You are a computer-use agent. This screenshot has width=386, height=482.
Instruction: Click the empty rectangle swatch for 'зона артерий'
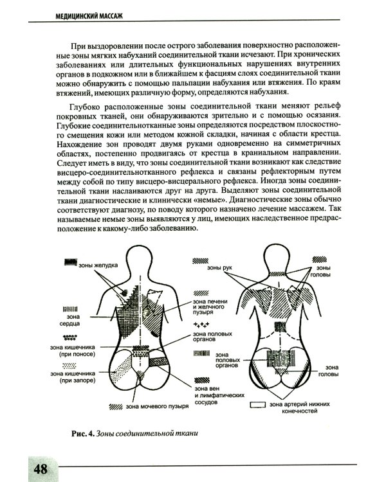(x=259, y=404)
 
